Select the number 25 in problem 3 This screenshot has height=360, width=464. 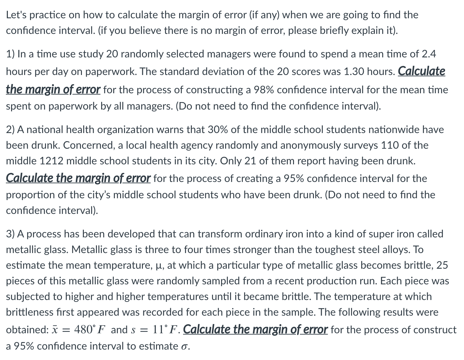point(442,265)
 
